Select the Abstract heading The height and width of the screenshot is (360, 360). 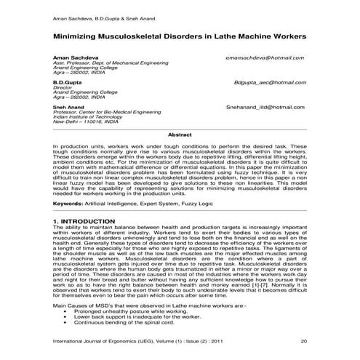(x=180, y=135)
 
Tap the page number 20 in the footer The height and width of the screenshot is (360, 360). (x=303, y=340)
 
